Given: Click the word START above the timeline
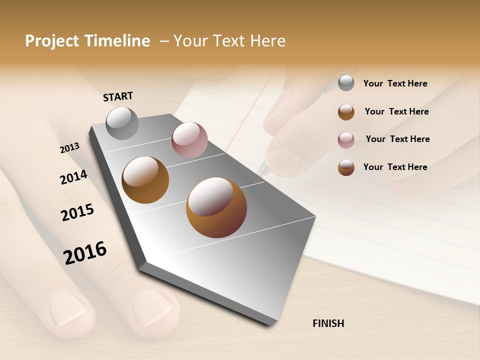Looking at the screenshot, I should coord(118,96).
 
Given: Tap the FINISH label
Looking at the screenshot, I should coord(328,323).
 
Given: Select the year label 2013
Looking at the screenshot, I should coord(69,148).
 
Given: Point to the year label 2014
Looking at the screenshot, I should coord(73,177).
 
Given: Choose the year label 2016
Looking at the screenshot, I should coord(85,253).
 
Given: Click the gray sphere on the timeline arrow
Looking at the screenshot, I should coord(122,123).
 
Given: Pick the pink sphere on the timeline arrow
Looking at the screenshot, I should coord(189,140).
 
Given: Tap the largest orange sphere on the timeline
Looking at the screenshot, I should coord(216,207).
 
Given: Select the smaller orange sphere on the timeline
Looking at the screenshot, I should coord(145,180).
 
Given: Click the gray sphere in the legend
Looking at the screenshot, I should coord(346,83).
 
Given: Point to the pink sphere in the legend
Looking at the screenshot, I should coord(346,140).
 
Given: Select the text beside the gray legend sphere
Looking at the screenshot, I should coord(395,84).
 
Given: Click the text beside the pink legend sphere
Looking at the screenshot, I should coord(397,139).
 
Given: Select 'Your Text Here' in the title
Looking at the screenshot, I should coord(229,41).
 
